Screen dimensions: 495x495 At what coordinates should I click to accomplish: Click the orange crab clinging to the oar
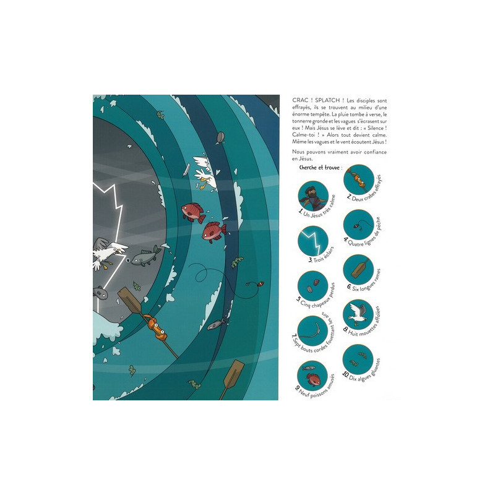[156, 327]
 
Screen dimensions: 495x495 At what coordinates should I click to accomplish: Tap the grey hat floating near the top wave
[220, 137]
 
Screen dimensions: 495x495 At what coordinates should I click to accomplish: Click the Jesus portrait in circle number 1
[313, 196]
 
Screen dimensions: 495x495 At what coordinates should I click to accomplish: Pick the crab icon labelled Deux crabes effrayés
[359, 179]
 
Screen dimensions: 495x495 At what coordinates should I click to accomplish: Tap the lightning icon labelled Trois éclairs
[313, 241]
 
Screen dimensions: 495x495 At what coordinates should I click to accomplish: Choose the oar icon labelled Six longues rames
[359, 270]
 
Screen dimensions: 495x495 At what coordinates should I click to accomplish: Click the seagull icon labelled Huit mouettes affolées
[359, 314]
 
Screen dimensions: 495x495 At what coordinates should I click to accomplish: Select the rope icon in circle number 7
[313, 331]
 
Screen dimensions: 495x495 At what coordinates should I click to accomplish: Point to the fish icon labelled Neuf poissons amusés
[312, 376]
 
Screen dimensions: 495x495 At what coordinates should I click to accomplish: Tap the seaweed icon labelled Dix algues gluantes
[358, 359]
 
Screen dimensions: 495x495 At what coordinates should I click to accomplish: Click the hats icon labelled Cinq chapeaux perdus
[313, 286]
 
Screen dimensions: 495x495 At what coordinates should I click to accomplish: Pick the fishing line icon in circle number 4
[359, 225]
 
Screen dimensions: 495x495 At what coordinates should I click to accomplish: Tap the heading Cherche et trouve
[319, 167]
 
